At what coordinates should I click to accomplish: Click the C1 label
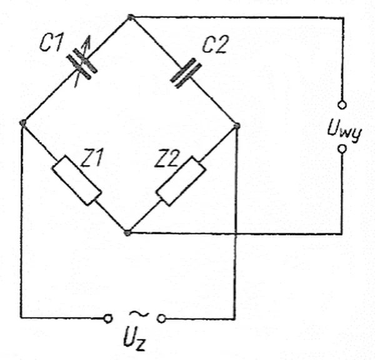[x=52, y=42]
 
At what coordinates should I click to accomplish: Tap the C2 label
[x=215, y=44]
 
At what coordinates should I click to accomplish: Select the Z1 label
[x=92, y=157]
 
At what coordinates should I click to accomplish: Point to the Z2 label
[x=167, y=158]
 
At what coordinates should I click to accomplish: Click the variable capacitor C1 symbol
[x=82, y=64]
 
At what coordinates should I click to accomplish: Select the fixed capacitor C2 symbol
[x=186, y=73]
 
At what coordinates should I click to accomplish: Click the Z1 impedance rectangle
[x=77, y=181]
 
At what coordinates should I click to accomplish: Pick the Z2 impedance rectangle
[x=181, y=181]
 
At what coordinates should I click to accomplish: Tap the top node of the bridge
[x=131, y=17]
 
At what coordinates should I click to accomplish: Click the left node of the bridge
[x=22, y=123]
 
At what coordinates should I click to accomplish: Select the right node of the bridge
[x=237, y=126]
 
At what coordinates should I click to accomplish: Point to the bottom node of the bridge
[x=127, y=232]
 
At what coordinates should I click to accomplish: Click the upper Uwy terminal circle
[x=342, y=105]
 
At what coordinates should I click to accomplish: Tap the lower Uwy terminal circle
[x=342, y=149]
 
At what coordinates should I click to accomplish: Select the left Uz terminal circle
[x=108, y=319]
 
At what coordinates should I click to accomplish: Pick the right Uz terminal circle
[x=162, y=319]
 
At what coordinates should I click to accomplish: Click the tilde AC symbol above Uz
[x=139, y=314]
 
